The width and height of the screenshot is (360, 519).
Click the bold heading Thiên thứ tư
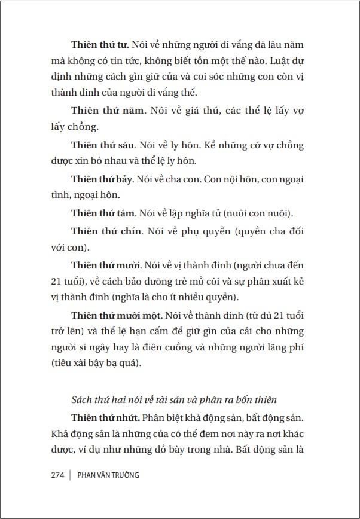pos(99,44)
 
